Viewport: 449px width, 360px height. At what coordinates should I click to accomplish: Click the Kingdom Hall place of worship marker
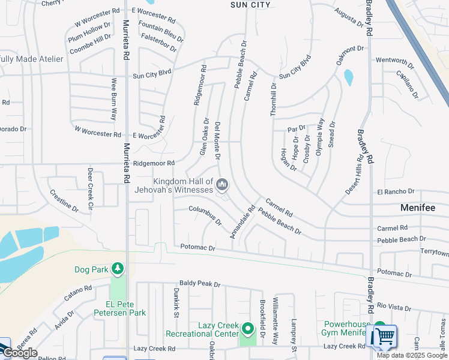coord(222,185)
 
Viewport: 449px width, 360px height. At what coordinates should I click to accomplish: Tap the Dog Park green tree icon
coord(118,268)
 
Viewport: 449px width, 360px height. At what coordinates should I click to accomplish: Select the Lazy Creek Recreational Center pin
coord(248,329)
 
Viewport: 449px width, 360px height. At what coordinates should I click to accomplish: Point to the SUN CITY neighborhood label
coord(250,5)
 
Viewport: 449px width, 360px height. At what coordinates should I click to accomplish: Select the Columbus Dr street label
coord(205,215)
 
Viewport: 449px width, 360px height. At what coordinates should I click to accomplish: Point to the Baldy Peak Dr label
coord(200,284)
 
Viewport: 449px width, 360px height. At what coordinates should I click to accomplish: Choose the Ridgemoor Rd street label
coord(154,163)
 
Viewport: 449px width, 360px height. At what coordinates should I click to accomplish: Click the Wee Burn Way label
coord(113,99)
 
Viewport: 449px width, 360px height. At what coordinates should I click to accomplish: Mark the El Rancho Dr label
coord(396,191)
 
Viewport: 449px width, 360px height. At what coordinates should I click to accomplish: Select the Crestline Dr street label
coord(64,201)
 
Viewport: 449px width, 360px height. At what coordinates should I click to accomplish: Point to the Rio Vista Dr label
coord(394,308)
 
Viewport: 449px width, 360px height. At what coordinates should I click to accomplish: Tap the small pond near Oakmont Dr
coord(349,77)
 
